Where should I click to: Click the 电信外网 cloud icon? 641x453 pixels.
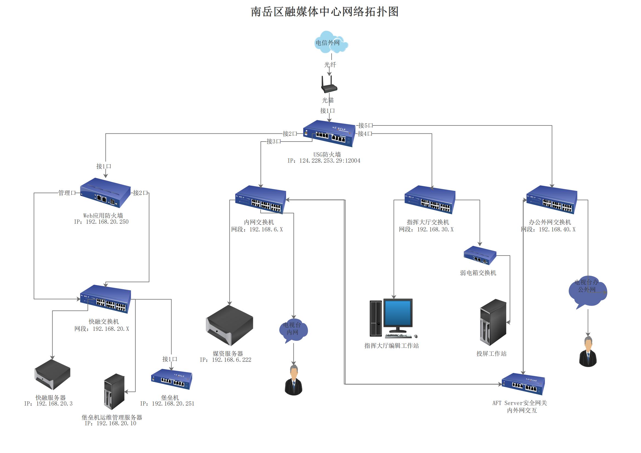330,42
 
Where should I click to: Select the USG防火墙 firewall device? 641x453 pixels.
329,133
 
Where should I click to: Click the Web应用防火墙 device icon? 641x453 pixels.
105,193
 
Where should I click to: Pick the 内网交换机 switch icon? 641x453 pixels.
260,200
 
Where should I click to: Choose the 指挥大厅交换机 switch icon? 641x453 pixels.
430,200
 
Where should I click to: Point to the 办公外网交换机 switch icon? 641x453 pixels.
552,200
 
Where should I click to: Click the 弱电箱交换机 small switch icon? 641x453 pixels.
480,255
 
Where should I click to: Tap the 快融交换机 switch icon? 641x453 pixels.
105,299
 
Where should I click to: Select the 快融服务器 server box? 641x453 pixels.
52,374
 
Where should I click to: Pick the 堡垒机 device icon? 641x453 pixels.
171,379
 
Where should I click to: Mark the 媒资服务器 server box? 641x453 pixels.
229,325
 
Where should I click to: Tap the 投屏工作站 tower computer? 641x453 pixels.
493,322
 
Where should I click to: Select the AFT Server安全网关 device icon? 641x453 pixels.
523,384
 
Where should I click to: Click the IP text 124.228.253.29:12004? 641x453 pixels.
330,161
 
